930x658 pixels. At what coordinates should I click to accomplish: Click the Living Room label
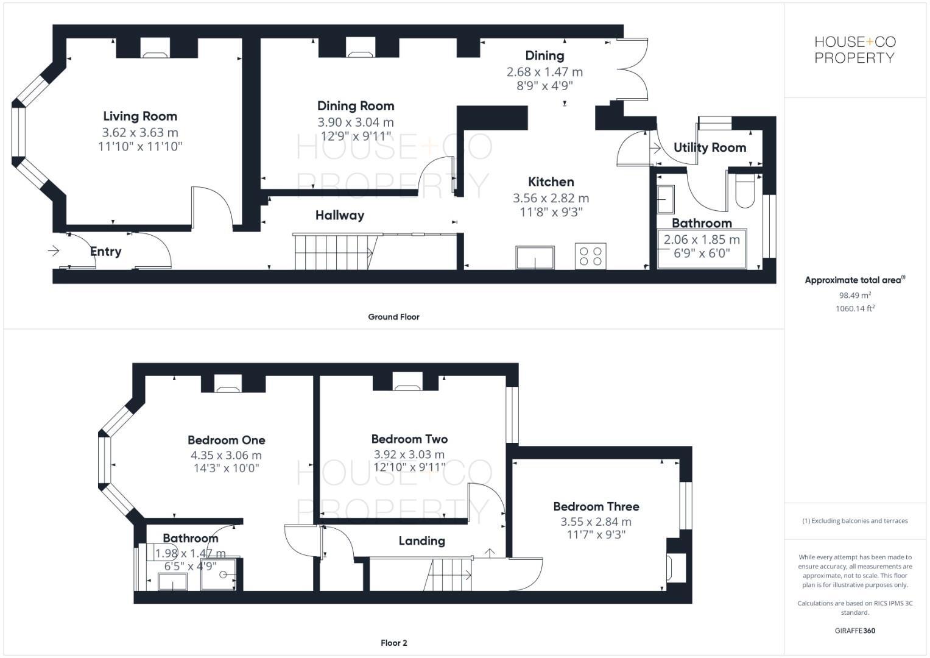coord(140,116)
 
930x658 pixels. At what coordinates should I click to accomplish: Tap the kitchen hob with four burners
coord(590,256)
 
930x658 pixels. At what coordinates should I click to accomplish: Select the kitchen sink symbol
coord(535,257)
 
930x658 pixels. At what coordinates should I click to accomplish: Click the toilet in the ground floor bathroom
coord(745,190)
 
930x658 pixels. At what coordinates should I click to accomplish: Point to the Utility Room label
coord(710,147)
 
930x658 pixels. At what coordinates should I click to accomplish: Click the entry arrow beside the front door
coord(54,250)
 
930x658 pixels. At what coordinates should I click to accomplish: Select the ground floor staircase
coord(334,251)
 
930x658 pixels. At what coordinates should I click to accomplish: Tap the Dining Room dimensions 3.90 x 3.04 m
coord(356,122)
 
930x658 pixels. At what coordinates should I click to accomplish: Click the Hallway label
coord(339,215)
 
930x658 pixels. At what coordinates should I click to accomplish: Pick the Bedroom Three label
coord(596,506)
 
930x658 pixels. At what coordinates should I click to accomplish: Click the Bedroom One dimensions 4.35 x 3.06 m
coord(226,455)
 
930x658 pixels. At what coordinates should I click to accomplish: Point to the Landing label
coord(421,540)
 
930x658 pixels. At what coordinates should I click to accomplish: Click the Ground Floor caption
coord(393,317)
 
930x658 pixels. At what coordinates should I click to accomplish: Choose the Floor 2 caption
coord(393,643)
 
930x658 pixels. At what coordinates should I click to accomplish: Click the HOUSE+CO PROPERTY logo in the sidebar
coord(854,50)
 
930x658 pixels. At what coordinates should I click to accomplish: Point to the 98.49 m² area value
coord(854,295)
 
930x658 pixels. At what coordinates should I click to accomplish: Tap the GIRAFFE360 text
coord(854,631)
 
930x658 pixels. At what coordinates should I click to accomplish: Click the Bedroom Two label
coord(409,439)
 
